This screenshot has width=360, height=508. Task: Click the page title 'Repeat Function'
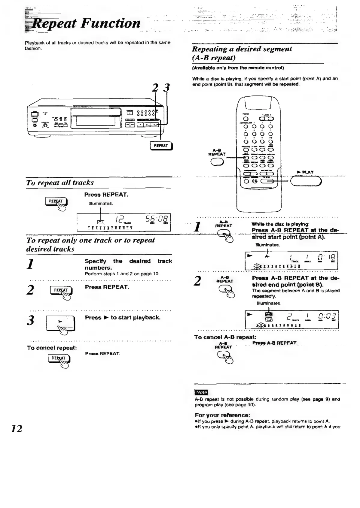pyautogui.click(x=86, y=23)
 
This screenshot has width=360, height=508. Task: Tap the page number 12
pyautogui.click(x=17, y=428)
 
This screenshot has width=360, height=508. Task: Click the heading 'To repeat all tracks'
pyautogui.click(x=60, y=183)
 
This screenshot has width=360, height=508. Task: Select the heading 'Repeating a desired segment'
pyautogui.click(x=242, y=49)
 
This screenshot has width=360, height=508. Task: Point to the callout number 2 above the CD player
pyautogui.click(x=155, y=88)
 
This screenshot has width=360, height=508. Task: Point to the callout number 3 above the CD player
pyautogui.click(x=166, y=88)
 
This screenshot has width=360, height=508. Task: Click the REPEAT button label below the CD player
pyautogui.click(x=161, y=146)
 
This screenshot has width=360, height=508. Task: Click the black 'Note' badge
pyautogui.click(x=201, y=392)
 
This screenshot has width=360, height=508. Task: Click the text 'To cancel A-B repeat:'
pyautogui.click(x=225, y=337)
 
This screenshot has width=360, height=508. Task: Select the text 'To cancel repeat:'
pyautogui.click(x=52, y=348)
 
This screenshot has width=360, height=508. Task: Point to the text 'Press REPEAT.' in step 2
pyautogui.click(x=107, y=287)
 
